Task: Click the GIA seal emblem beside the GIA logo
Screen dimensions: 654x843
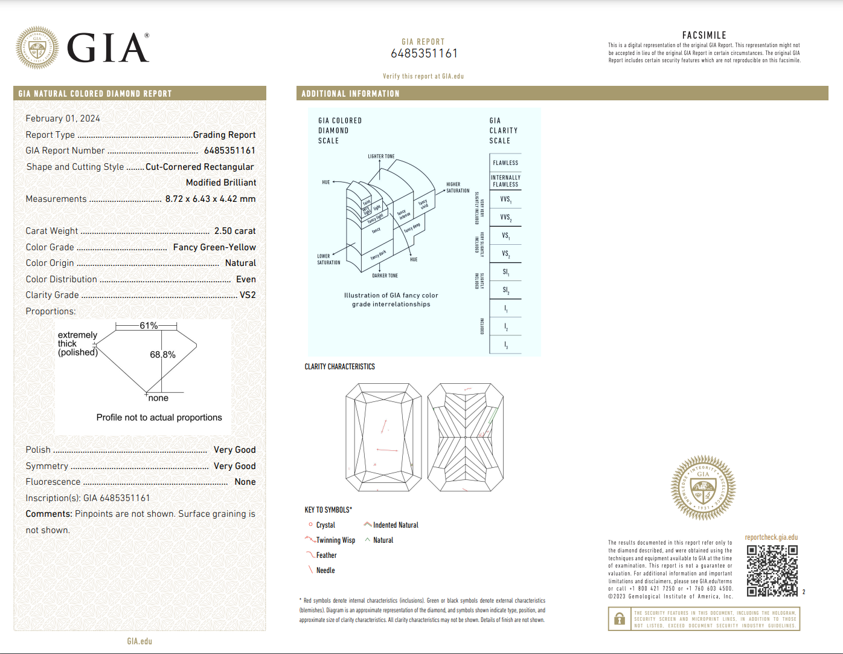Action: coord(37,47)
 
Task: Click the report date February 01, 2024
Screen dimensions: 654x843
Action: coord(63,118)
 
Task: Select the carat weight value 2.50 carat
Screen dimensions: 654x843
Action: coord(235,231)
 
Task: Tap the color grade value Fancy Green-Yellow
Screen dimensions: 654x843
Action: coord(214,247)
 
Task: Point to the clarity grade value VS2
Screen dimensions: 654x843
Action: coord(248,295)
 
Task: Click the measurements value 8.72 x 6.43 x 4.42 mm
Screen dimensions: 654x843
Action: coord(210,199)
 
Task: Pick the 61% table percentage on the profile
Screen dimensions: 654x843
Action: coord(149,326)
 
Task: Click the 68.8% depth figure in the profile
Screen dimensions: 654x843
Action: coord(162,355)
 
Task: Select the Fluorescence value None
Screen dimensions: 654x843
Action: coord(245,482)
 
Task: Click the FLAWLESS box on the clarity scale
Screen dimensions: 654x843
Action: coord(505,163)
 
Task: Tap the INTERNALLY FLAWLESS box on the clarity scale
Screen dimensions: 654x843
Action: coord(505,181)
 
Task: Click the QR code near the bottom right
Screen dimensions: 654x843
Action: coord(772,571)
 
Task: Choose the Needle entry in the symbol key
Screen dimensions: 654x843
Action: coord(325,571)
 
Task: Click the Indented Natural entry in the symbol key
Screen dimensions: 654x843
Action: coord(395,525)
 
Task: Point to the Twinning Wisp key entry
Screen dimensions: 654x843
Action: coord(335,540)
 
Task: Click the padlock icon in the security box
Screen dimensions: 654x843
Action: coord(620,619)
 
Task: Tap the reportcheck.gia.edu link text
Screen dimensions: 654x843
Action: coord(771,537)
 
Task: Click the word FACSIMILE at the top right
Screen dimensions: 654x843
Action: coord(704,35)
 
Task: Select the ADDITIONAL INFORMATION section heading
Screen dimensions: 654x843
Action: coord(350,94)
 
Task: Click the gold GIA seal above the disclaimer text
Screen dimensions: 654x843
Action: coord(703,488)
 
